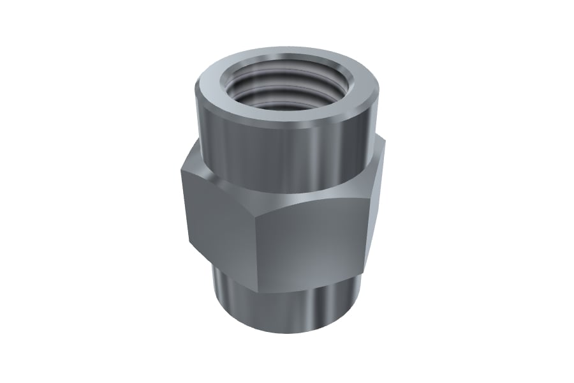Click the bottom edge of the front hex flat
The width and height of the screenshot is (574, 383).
[313, 278]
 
